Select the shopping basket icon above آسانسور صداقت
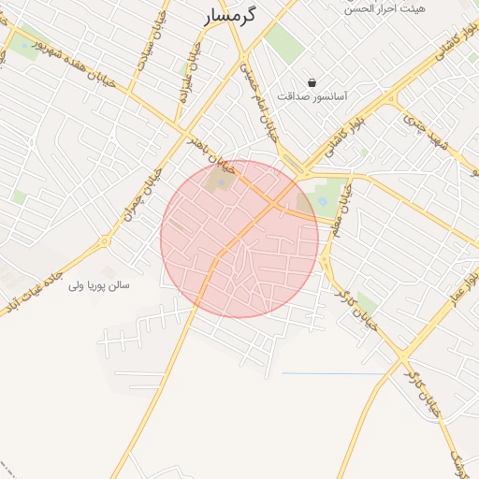click(x=312, y=82)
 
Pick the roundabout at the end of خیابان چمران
click(x=105, y=241)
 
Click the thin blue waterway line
click(x=332, y=374)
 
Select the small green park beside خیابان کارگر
click(x=367, y=304)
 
